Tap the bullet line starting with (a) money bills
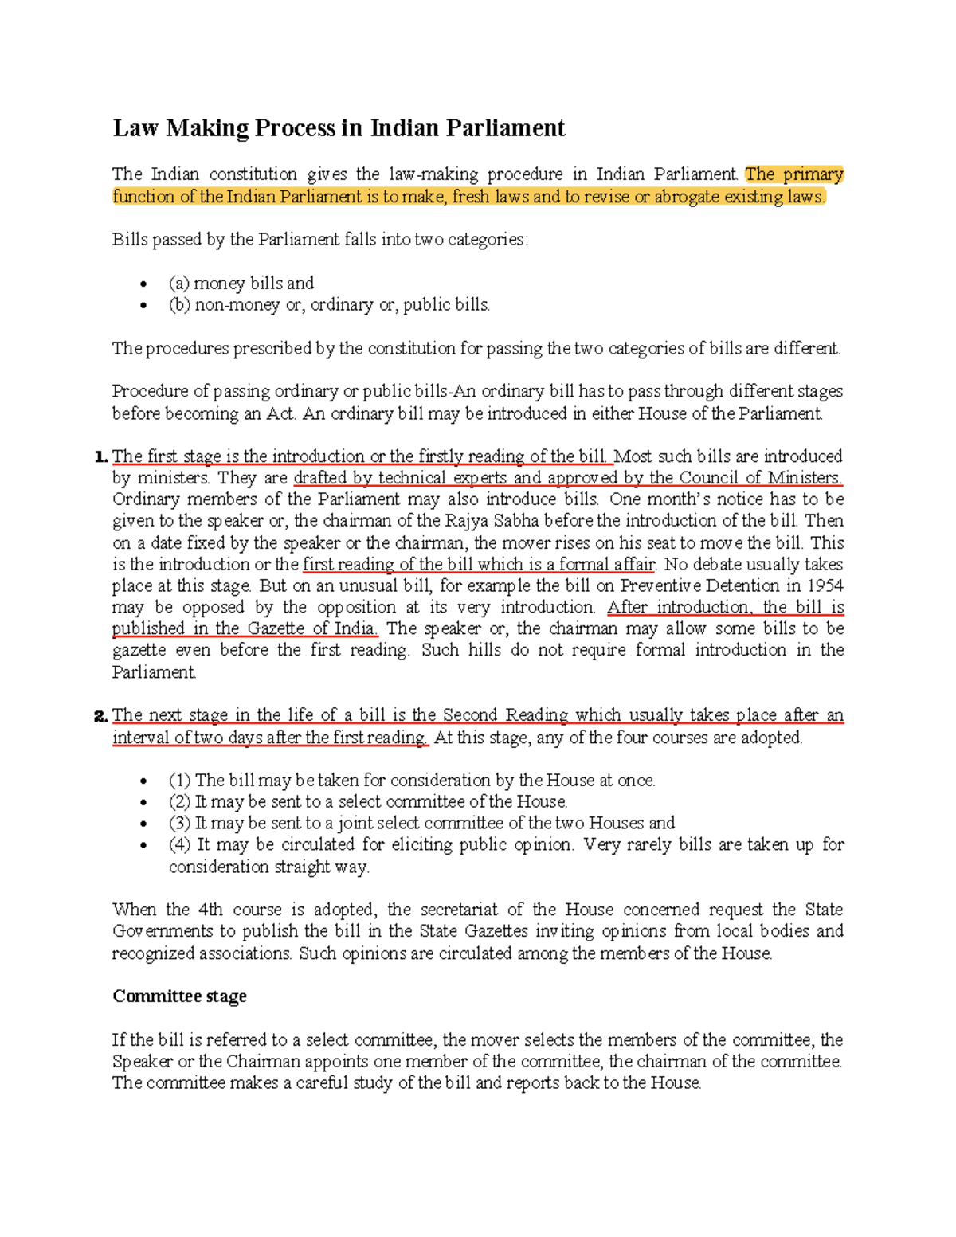[x=241, y=283]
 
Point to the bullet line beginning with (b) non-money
[x=329, y=304]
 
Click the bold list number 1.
[x=100, y=456]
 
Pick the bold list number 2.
[x=100, y=715]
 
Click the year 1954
[x=825, y=585]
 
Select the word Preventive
[x=661, y=585]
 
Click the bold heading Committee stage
[x=179, y=996]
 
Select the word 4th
[x=210, y=910]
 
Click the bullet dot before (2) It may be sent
[x=143, y=803]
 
